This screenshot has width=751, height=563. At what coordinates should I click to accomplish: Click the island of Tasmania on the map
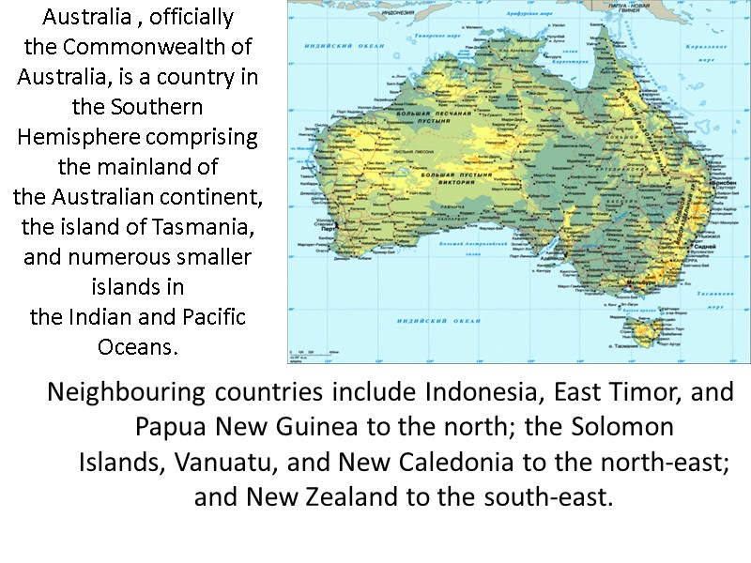click(645, 329)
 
